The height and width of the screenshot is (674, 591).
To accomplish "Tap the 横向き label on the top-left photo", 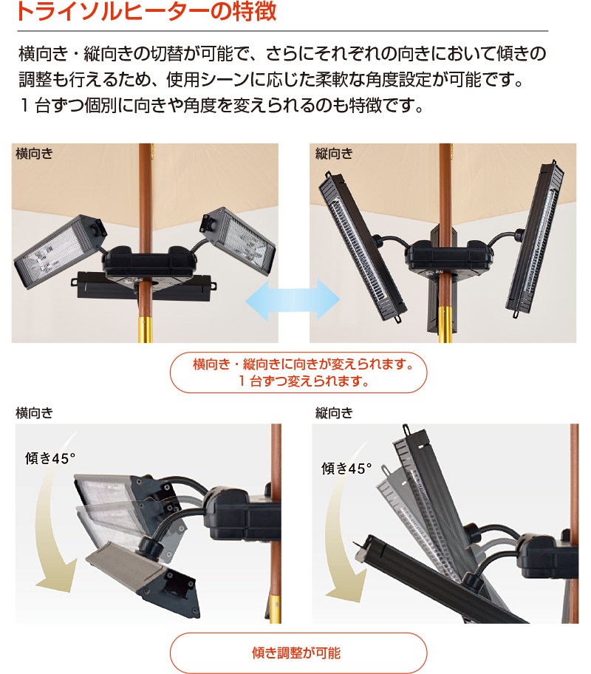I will click(x=33, y=154).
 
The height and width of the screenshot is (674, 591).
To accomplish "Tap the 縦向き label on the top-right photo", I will click(x=334, y=154).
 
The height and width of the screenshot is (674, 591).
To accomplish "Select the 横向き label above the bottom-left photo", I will click(x=34, y=412).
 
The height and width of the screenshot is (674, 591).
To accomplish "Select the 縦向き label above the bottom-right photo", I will click(x=334, y=412).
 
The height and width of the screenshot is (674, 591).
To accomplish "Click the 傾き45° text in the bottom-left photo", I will click(x=51, y=458).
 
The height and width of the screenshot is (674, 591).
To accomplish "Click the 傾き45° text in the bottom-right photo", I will click(x=346, y=468).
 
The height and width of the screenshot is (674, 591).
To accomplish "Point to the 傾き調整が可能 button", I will click(x=298, y=653).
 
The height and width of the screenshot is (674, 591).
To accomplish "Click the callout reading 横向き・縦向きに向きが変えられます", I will click(x=298, y=372).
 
